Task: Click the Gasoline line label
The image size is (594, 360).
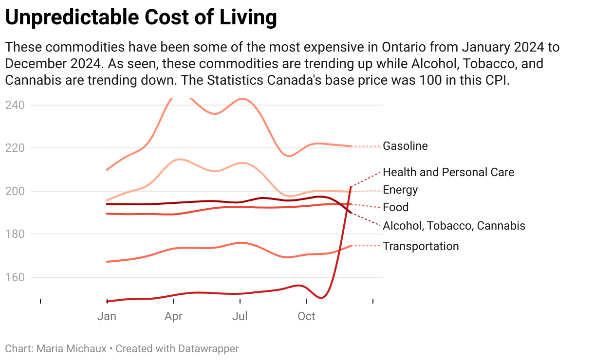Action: [x=405, y=146]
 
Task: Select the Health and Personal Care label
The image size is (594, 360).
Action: [x=448, y=172]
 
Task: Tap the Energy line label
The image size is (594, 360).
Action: [x=400, y=190]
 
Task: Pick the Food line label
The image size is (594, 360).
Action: [x=395, y=207]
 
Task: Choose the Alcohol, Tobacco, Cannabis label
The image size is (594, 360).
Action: [x=454, y=226]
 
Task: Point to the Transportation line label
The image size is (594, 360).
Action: [x=421, y=246]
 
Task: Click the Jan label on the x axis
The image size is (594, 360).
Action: [x=107, y=316]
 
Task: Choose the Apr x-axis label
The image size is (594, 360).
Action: [x=173, y=316]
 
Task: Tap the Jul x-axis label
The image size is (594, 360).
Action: [x=240, y=316]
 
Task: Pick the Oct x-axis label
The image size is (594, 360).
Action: [x=307, y=316]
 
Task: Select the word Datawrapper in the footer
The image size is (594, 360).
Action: [x=208, y=349]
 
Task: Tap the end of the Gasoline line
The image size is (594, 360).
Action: [x=352, y=146]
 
